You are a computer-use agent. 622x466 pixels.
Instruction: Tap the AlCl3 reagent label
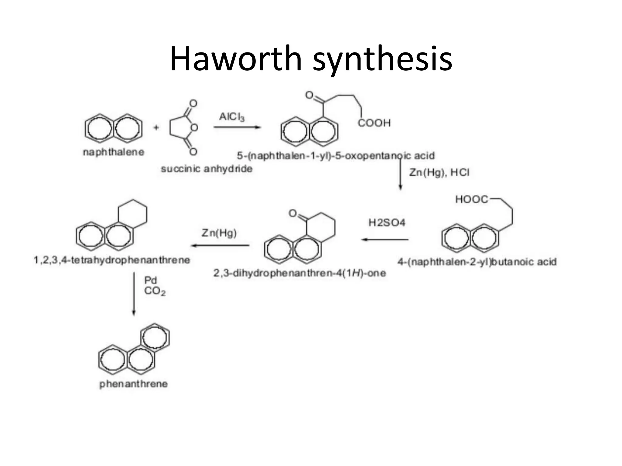point(232,117)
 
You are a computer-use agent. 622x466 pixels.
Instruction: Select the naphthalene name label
point(114,152)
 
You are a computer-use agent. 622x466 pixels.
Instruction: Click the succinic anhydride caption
point(207,169)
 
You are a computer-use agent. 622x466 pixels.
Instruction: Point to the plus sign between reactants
point(156,127)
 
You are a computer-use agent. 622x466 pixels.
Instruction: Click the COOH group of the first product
point(374,123)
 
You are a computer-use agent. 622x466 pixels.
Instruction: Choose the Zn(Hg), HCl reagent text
point(439,173)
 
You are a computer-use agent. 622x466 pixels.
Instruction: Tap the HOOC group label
point(472,199)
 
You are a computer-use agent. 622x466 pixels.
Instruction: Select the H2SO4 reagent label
point(387,223)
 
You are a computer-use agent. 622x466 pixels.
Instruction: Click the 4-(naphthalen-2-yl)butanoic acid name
point(477,262)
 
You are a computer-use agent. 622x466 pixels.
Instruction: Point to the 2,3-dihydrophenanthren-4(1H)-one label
point(299,273)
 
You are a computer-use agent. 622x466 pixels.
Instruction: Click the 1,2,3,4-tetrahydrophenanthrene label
point(112,260)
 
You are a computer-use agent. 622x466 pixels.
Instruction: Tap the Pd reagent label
point(150,280)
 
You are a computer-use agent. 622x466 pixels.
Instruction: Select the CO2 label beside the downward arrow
point(155,291)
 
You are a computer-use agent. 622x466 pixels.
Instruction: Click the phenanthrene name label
point(134,384)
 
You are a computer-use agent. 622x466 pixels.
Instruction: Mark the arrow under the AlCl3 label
point(237,127)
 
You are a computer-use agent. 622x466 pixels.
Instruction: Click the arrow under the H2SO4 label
point(385,240)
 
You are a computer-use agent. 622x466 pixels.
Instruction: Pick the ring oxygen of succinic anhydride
point(194,127)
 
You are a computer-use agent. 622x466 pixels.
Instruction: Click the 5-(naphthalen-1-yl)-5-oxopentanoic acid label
point(336,156)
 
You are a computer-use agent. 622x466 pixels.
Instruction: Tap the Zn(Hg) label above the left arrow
point(219,233)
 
